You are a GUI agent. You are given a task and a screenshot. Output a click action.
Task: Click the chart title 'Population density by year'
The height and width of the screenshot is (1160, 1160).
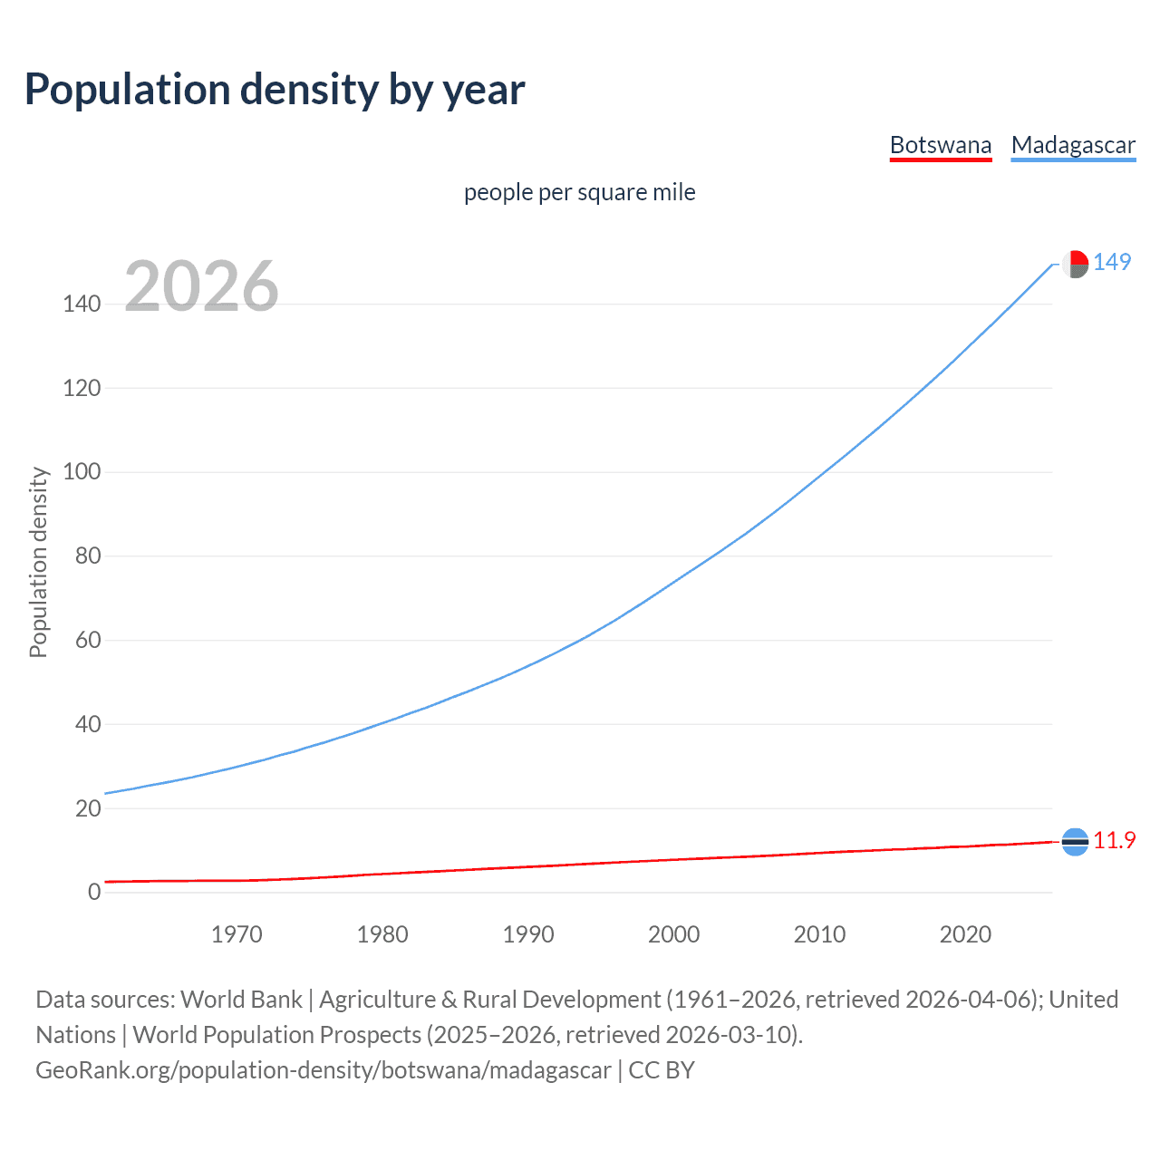pyautogui.click(x=275, y=90)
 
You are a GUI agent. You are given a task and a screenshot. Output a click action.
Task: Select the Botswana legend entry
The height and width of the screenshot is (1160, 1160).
pyautogui.click(x=941, y=146)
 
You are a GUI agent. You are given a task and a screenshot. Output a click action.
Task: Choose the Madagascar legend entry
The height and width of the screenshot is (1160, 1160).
pyautogui.click(x=1073, y=146)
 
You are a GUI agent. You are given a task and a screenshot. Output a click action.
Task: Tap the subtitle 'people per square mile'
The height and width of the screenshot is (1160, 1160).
pyautogui.click(x=579, y=193)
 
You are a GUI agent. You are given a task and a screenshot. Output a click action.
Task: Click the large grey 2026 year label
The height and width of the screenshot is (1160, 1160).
pyautogui.click(x=201, y=287)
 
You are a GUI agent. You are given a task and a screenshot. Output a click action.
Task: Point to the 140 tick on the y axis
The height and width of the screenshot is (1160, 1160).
pyautogui.click(x=82, y=304)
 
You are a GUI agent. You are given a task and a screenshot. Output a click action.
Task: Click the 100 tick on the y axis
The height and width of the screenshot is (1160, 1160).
pyautogui.click(x=82, y=472)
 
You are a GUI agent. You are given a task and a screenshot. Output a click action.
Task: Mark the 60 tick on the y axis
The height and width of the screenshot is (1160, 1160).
pyautogui.click(x=88, y=641)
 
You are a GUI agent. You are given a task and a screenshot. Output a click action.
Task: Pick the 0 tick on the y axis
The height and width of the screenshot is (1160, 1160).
pyautogui.click(x=94, y=893)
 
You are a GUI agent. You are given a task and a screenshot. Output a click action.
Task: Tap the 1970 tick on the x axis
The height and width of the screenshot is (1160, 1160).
pyautogui.click(x=237, y=934)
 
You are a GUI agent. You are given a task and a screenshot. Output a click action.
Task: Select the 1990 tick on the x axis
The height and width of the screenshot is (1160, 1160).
pyautogui.click(x=528, y=934)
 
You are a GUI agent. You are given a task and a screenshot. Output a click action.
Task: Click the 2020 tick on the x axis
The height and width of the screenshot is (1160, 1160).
pyautogui.click(x=965, y=934)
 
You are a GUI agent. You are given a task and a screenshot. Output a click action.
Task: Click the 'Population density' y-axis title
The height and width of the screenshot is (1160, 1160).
pyautogui.click(x=38, y=562)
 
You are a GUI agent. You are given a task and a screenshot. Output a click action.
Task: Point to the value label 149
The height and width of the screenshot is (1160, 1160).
pyautogui.click(x=1112, y=263)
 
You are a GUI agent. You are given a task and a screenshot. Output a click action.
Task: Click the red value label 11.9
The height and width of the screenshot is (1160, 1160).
pyautogui.click(x=1114, y=841)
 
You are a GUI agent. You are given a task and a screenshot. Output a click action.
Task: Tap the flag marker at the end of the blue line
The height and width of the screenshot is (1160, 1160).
pyautogui.click(x=1075, y=264)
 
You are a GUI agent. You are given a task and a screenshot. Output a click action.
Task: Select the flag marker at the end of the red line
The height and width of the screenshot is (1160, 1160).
pyautogui.click(x=1075, y=842)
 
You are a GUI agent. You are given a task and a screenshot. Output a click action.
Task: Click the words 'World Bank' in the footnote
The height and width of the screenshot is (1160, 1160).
pyautogui.click(x=241, y=1000)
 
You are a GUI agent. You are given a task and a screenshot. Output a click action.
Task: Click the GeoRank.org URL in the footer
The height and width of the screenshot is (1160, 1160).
pyautogui.click(x=324, y=1070)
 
